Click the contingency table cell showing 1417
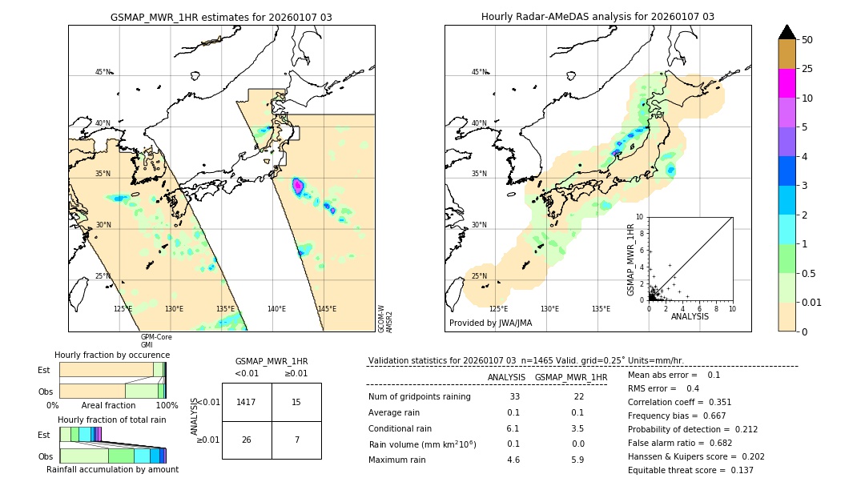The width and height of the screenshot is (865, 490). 247,402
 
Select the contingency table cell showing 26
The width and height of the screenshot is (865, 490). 247,440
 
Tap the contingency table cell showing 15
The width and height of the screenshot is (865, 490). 296,402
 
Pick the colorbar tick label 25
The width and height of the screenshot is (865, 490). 807,69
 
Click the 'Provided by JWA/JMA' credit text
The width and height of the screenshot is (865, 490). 490,323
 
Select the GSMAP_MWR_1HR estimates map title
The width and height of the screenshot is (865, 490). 221,17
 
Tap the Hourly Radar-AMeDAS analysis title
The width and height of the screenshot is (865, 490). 597,17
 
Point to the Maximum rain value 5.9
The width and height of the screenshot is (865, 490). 577,460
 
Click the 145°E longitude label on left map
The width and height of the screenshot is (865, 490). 327,309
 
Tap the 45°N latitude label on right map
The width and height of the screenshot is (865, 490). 479,72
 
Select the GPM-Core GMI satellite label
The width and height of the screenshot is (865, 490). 156,340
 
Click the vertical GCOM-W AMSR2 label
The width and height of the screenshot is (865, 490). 385,318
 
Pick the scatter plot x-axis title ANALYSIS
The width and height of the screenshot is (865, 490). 689,316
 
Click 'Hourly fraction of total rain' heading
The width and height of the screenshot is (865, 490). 111,420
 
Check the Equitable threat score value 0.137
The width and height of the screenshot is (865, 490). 735,470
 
